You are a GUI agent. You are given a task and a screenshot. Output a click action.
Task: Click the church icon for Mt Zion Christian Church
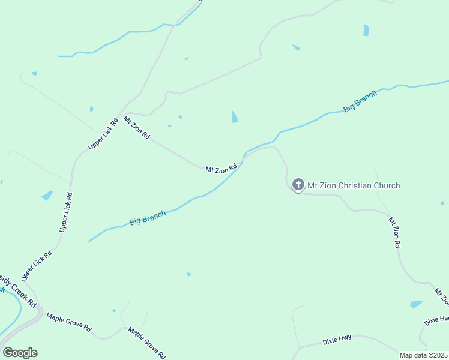pyautogui.click(x=298, y=185)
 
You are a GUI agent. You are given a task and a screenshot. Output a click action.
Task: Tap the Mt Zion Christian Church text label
pyautogui.click(x=354, y=185)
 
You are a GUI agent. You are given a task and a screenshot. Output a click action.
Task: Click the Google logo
pyautogui.click(x=20, y=353)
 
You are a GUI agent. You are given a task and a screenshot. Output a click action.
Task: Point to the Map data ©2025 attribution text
pyautogui.click(x=423, y=355)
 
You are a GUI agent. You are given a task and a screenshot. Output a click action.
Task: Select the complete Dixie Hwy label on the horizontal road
pyautogui.click(x=337, y=341)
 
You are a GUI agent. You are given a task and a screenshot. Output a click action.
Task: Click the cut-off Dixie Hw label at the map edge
pyautogui.click(x=436, y=320)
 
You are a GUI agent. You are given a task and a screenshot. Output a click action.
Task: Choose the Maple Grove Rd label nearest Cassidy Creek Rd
pyautogui.click(x=68, y=323)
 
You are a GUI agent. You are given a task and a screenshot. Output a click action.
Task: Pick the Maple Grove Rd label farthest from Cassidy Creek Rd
pyautogui.click(x=147, y=342)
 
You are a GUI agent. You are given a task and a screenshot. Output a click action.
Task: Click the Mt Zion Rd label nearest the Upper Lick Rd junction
pyautogui.click(x=136, y=128)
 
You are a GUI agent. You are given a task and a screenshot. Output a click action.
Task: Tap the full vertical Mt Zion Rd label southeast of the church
pyautogui.click(x=394, y=233)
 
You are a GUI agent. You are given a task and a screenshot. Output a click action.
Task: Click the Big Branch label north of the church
pyautogui.click(x=360, y=101)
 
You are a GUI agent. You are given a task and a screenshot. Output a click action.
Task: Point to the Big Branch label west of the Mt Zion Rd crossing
pyautogui.click(x=148, y=218)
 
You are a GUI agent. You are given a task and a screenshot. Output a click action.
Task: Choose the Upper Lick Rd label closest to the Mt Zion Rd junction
pyautogui.click(x=101, y=133)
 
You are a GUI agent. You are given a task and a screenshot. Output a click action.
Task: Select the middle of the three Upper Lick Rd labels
pyautogui.click(x=66, y=212)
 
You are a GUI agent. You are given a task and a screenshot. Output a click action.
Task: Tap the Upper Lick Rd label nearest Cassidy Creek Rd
pyautogui.click(x=37, y=265)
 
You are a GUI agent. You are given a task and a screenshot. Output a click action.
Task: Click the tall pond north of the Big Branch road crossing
pyautogui.click(x=235, y=117)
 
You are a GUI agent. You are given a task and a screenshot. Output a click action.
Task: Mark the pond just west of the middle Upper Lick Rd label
pyautogui.click(x=47, y=195)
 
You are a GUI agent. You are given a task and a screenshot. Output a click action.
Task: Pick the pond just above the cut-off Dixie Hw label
pyautogui.click(x=417, y=304)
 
